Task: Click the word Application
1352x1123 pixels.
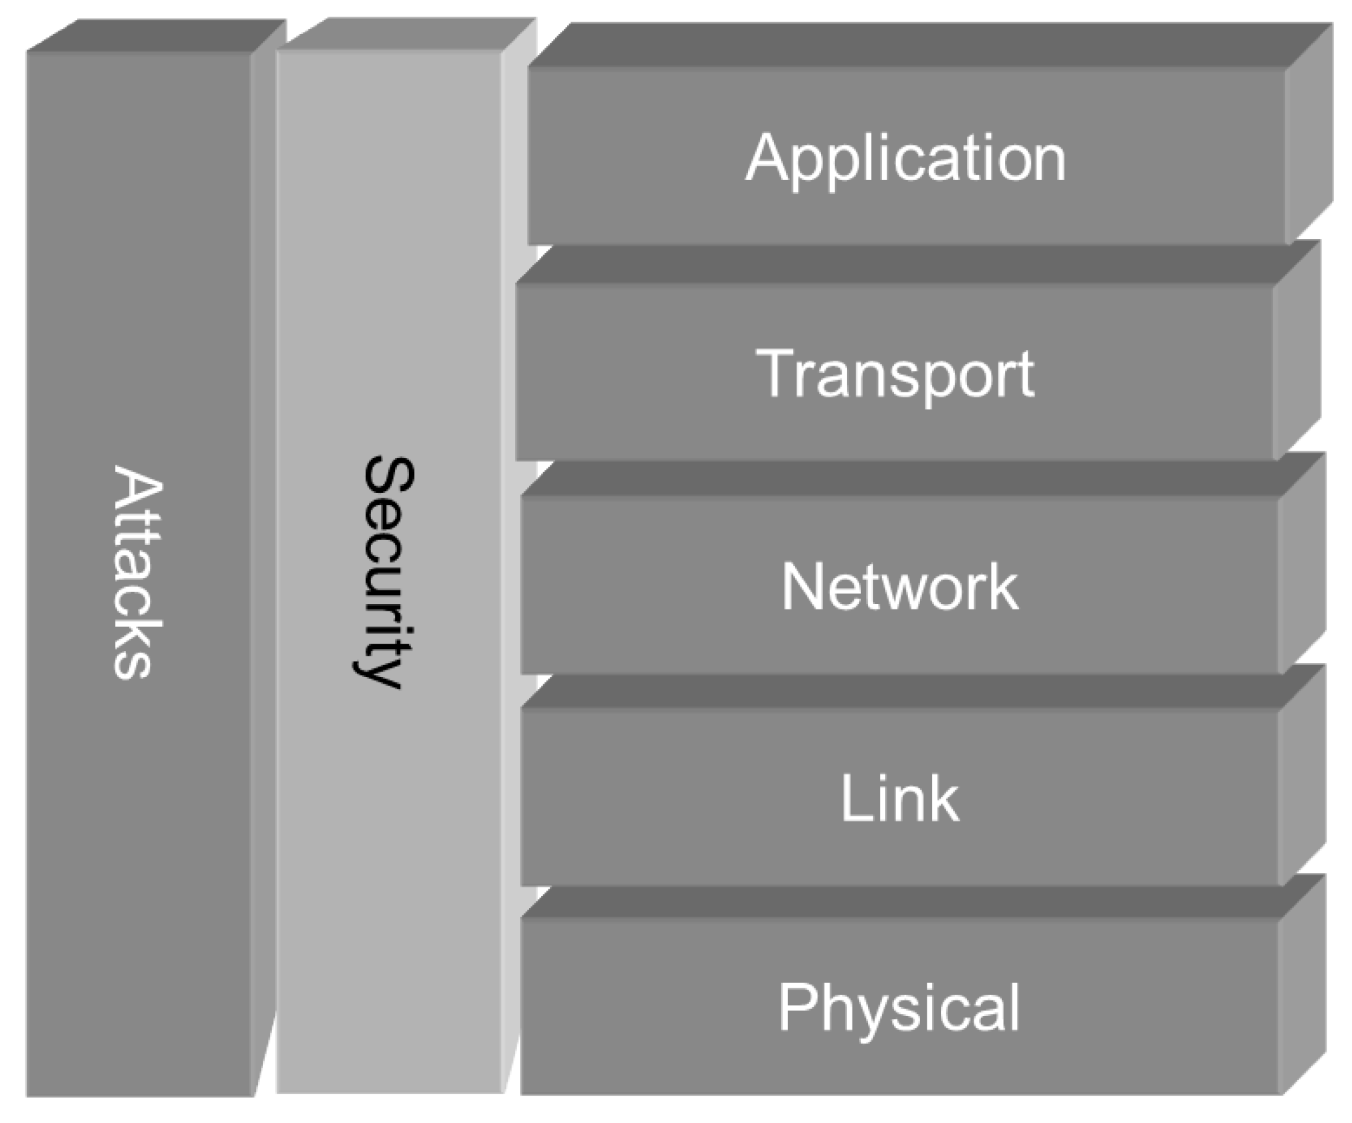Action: click(905, 159)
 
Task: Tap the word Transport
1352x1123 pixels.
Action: click(895, 374)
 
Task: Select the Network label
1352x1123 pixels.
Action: click(900, 587)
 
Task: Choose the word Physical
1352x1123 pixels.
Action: click(899, 1008)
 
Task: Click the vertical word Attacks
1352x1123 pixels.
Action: click(137, 573)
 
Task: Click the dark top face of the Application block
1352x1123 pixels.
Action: click(924, 46)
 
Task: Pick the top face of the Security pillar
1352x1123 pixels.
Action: click(407, 33)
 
